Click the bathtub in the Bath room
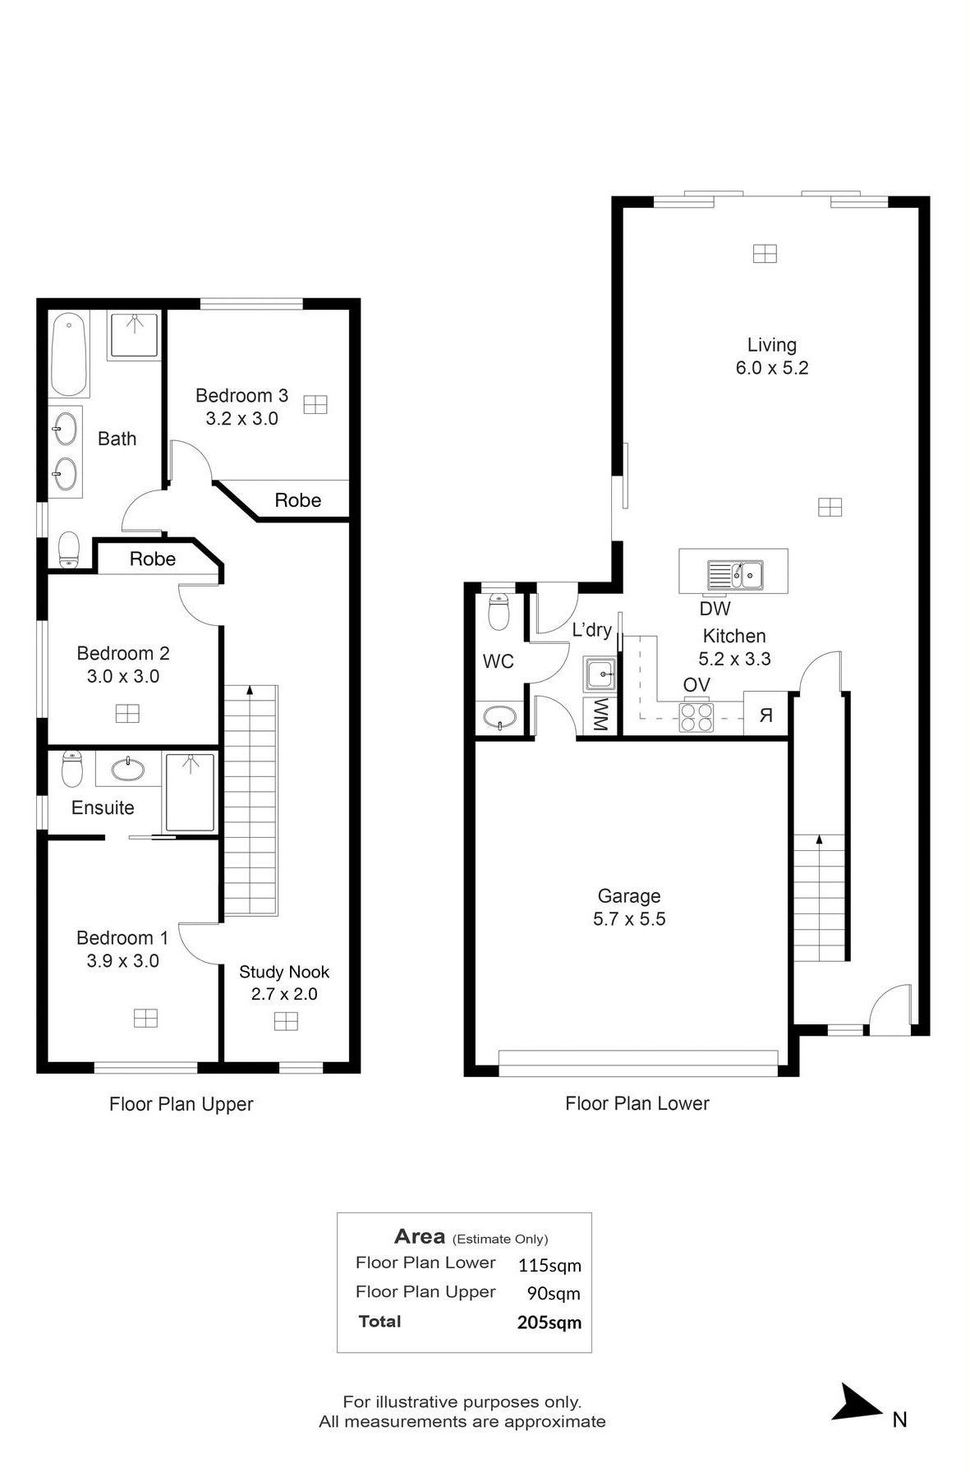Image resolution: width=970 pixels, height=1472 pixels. click(69, 355)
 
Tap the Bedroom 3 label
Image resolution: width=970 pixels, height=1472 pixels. click(241, 396)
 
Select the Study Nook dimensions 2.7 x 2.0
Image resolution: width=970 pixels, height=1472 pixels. click(284, 994)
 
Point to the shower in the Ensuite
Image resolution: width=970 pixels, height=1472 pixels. click(190, 793)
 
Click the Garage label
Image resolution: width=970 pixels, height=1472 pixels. click(629, 896)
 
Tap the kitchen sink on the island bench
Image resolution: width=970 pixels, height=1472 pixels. click(736, 575)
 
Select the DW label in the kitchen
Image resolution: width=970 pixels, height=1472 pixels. click(715, 609)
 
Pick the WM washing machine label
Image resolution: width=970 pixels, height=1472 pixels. click(600, 715)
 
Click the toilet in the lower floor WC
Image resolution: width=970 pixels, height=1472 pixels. click(499, 611)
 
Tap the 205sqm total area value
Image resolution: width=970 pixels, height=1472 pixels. click(549, 1322)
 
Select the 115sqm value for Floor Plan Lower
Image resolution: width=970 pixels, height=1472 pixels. click(549, 1265)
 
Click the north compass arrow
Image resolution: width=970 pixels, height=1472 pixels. click(857, 1402)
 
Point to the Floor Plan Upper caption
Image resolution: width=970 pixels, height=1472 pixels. click(182, 1104)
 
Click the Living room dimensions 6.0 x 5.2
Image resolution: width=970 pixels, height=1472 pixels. click(772, 368)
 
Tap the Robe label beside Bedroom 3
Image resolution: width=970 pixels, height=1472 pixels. click(298, 500)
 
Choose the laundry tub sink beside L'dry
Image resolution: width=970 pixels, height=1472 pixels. click(600, 674)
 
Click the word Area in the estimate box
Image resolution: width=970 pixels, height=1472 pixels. click(420, 1236)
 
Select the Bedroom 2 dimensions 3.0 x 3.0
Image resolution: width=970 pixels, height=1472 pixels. click(123, 677)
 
